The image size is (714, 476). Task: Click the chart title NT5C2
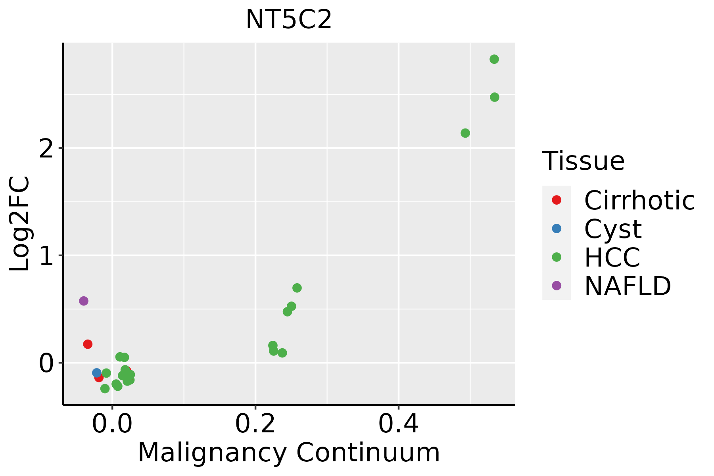coord(288,20)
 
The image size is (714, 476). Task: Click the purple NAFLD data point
coord(83,301)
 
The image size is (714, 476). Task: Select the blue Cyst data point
coord(96,372)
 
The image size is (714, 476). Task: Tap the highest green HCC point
coord(494,59)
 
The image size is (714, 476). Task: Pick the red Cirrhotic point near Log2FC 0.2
coord(88,344)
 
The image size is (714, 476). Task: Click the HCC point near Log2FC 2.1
coord(465,133)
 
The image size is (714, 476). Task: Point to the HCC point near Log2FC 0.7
coord(297,288)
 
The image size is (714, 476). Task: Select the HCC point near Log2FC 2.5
coord(494,97)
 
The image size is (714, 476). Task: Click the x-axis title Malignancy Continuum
coord(288,453)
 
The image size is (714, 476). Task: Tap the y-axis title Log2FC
coord(20,224)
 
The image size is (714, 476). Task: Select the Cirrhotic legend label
coord(639,200)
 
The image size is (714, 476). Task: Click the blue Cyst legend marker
coord(557,228)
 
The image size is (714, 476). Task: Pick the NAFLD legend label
coord(628,286)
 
